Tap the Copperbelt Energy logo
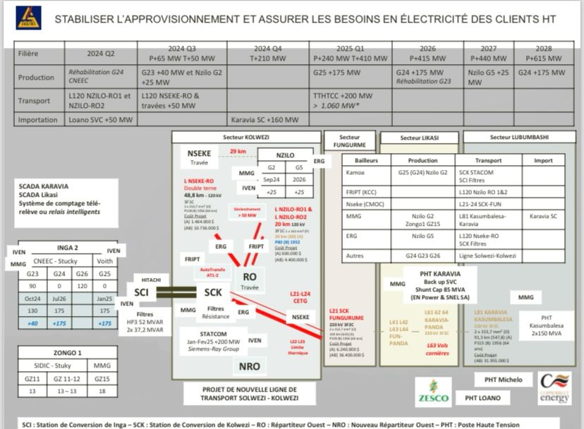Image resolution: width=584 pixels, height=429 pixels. [x=555, y=388]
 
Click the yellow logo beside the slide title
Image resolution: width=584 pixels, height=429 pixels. [x=28, y=18]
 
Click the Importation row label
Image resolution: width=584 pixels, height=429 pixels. [x=38, y=120]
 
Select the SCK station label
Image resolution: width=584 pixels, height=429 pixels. [x=213, y=291]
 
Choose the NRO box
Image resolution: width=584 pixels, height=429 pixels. [x=249, y=366]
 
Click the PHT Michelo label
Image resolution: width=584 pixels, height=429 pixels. [x=503, y=380]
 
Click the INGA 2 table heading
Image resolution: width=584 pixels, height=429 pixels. [x=67, y=247]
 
